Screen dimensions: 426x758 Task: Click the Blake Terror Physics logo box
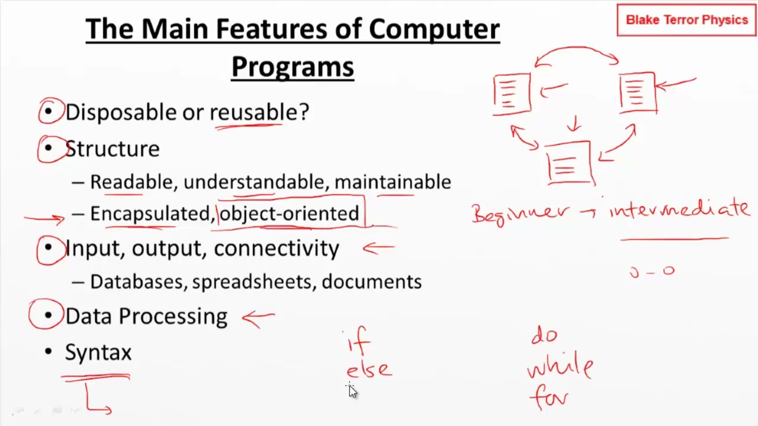[x=686, y=20]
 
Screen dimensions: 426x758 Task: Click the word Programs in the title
[x=293, y=67]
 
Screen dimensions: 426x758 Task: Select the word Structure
[x=112, y=149]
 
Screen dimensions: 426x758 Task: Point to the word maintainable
[x=393, y=182]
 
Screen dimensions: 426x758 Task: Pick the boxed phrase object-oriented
[x=289, y=214]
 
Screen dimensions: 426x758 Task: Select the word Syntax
[x=98, y=353]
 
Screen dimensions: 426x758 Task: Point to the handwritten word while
[x=560, y=367]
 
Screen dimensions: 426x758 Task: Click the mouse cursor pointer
[x=352, y=390]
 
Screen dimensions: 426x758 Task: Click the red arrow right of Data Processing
[x=258, y=318]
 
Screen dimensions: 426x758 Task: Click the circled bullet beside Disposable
[x=50, y=112]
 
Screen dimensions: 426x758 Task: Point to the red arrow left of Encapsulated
[x=44, y=218]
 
